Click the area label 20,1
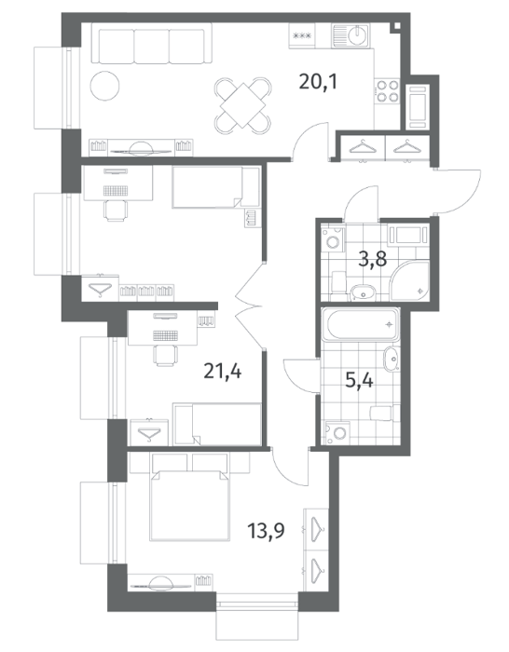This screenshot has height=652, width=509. pyautogui.click(x=318, y=82)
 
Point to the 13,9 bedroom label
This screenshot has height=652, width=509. pyautogui.click(x=267, y=531)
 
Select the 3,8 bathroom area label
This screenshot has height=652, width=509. pyautogui.click(x=373, y=260)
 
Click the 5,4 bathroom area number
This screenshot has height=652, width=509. pyautogui.click(x=359, y=380)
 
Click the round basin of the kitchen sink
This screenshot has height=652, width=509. pyautogui.click(x=357, y=34)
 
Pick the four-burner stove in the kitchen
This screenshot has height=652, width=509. pyautogui.click(x=387, y=91)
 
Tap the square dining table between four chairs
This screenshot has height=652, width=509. pyautogui.click(x=243, y=105)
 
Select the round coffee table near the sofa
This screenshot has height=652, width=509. pyautogui.click(x=105, y=86)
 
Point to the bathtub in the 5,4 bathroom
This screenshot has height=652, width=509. pyautogui.click(x=362, y=324)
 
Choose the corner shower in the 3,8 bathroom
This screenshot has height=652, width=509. pyautogui.click(x=410, y=280)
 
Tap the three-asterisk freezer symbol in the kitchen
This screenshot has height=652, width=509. pyautogui.click(x=303, y=35)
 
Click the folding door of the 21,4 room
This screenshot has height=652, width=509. pyautogui.click(x=249, y=306)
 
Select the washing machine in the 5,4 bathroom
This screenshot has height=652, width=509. pyautogui.click(x=338, y=433)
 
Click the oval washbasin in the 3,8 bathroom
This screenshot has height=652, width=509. pyautogui.click(x=364, y=293)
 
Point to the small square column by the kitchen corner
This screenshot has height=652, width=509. pyautogui.click(x=396, y=26)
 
